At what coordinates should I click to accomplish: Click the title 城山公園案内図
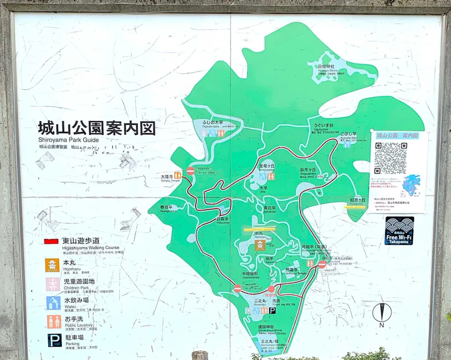pos(96,128)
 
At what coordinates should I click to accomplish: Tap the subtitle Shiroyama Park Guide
pos(68,140)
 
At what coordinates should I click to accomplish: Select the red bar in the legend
pos(51,241)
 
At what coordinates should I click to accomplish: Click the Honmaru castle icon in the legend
pos(53,265)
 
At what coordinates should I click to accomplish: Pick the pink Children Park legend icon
pos(53,284)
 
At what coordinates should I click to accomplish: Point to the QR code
pos(390,158)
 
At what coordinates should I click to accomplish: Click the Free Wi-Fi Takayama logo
pos(399,230)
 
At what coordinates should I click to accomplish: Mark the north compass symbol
pos(382,313)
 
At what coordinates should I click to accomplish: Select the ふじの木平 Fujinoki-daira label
pos(212,123)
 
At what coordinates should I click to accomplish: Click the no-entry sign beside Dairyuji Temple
pos(190,171)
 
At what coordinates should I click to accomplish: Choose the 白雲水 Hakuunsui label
pos(222,219)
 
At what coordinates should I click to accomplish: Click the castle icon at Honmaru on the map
pos(260,245)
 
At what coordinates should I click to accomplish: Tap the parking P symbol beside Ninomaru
pos(272,310)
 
